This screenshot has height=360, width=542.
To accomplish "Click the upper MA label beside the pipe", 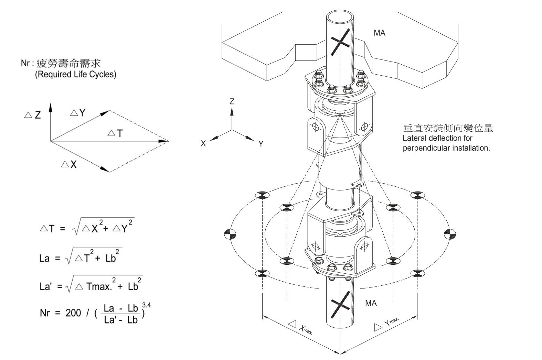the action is point(379,33).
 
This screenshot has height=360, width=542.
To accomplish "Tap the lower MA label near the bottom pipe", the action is point(371,303).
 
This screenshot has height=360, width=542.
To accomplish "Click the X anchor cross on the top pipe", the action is point(340,42).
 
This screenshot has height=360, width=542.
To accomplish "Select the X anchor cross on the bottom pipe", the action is point(340,304).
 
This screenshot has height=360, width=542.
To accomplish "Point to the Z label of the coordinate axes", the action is point(232,101).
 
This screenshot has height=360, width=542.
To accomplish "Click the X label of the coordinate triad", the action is point(203,144).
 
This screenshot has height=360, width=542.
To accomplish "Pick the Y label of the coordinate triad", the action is point(261,144).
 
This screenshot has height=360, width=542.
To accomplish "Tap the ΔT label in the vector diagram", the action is point(115,133).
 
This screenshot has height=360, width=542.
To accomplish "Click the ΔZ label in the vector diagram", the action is point(33,115).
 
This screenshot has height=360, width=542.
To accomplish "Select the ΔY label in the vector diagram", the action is point(78,113).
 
